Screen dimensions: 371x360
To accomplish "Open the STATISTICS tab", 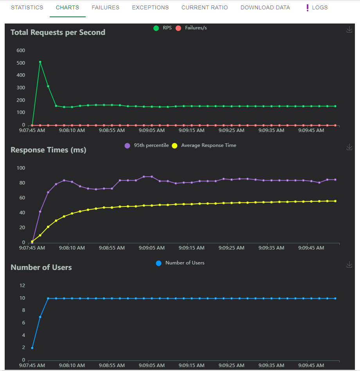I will (27, 7).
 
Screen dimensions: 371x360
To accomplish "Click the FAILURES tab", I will (105, 7).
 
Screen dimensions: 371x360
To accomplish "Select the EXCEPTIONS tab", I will (150, 7).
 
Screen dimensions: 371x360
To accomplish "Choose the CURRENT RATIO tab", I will (204, 7).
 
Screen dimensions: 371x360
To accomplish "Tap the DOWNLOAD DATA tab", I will (265, 7).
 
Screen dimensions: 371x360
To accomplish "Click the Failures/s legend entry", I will (192, 28).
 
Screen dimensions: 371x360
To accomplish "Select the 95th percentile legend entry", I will (147, 145).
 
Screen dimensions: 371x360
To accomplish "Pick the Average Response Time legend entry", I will (204, 145).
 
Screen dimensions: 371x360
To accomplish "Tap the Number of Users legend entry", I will (180, 263).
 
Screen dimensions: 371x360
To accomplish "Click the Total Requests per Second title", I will (58, 32).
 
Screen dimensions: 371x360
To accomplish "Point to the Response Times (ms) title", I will (49, 150).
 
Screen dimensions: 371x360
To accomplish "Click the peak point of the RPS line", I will (40, 62).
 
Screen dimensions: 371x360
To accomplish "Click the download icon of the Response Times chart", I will (349, 147).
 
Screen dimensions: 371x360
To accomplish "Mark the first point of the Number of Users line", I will (32, 348).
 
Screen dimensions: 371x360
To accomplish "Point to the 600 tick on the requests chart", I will (21, 50).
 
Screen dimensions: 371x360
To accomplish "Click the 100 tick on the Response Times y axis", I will (21, 168).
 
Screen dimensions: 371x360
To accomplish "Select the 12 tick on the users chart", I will (22, 285).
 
